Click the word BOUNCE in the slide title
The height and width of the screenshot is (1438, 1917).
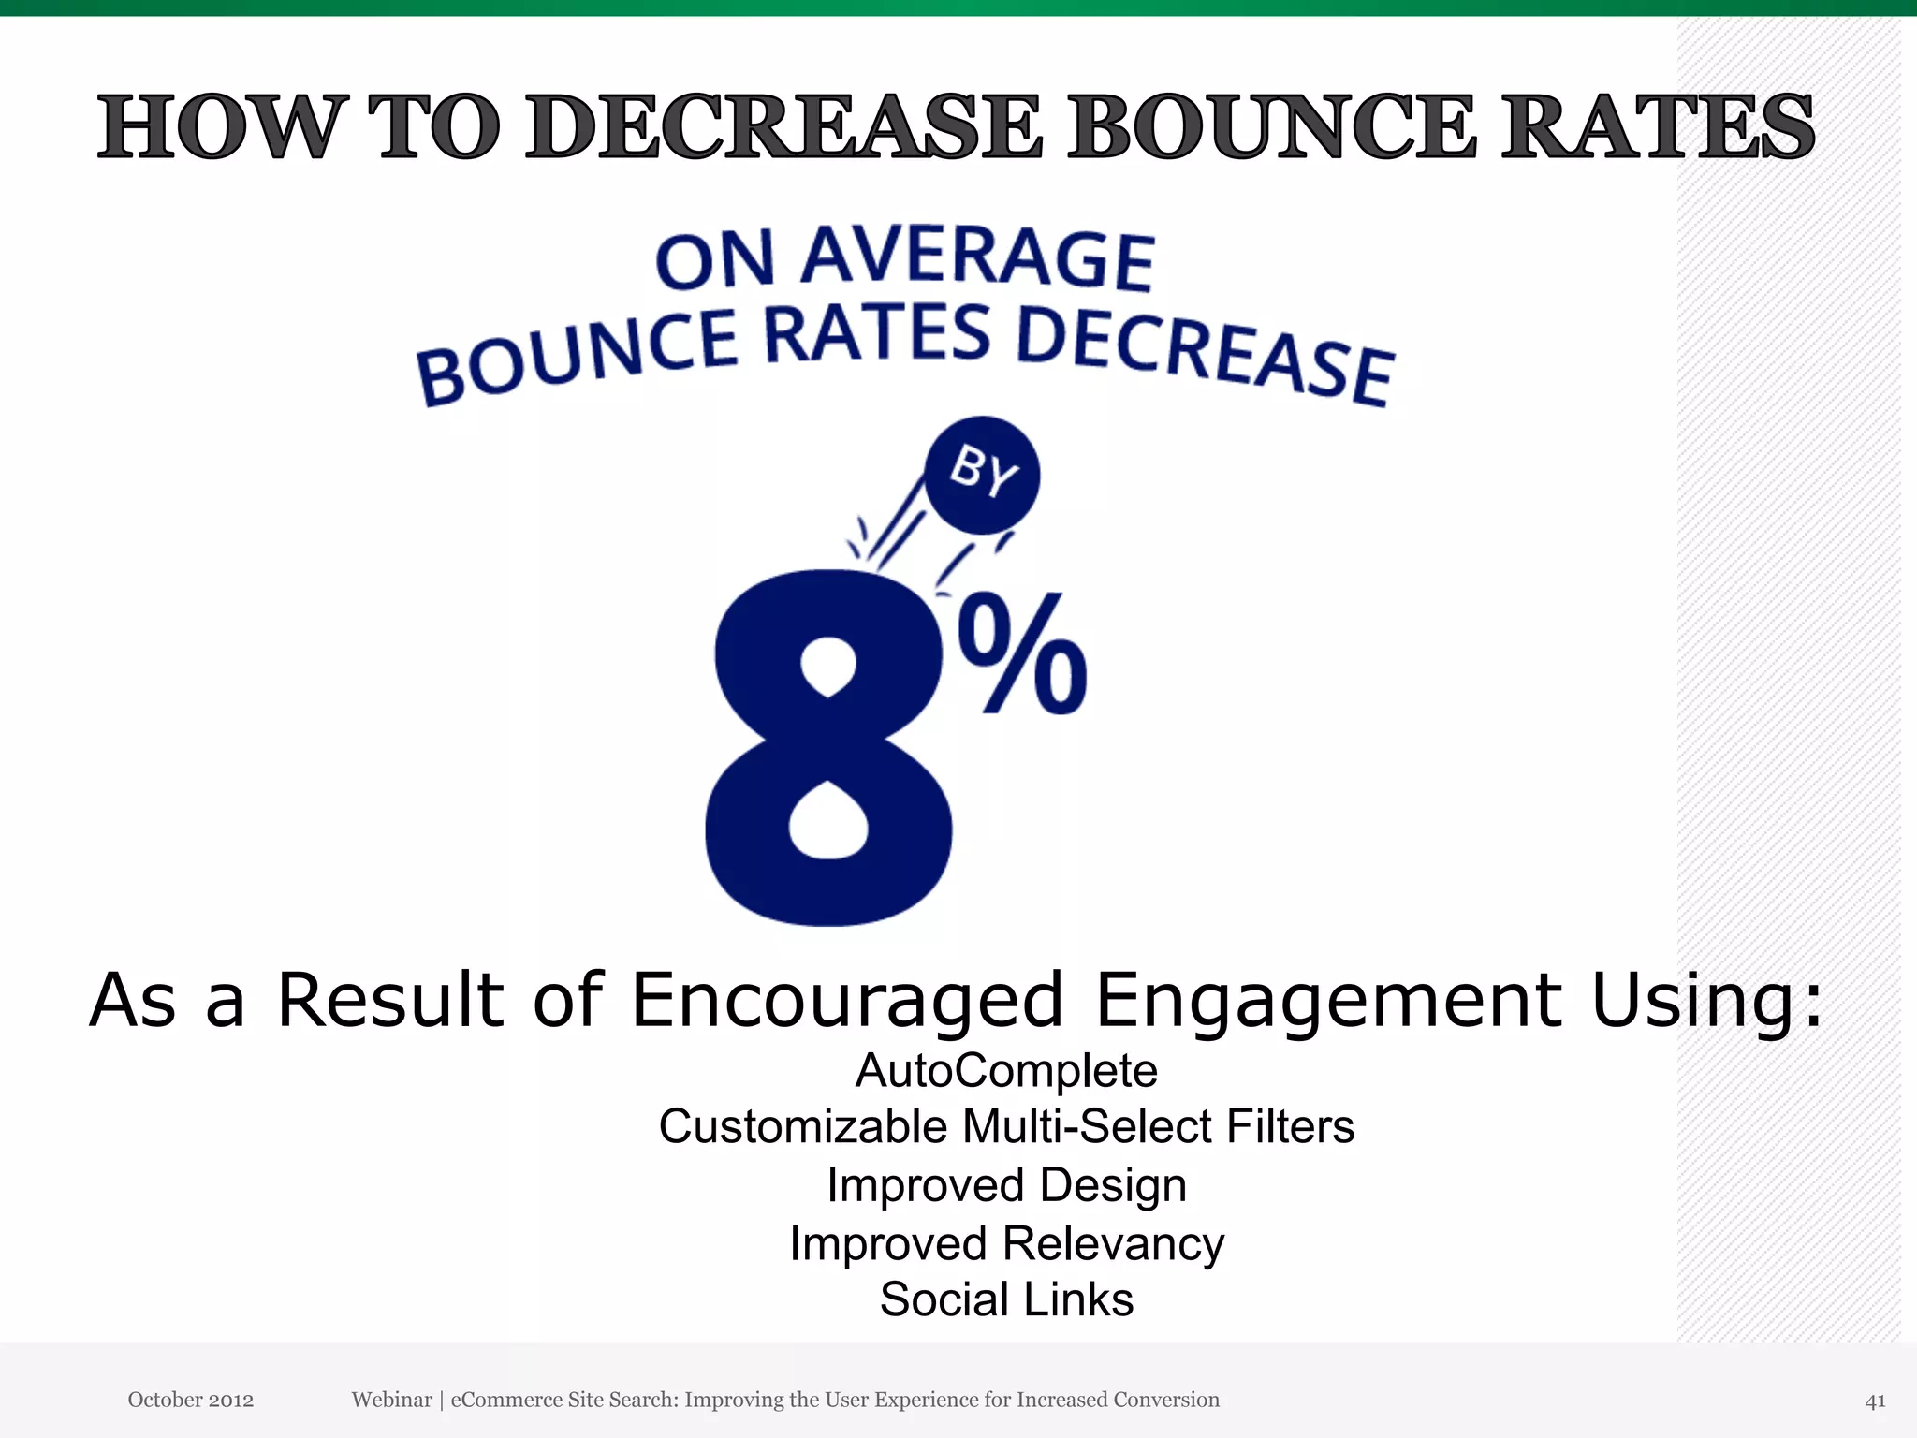pos(1273,126)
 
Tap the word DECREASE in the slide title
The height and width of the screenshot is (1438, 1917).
pos(783,126)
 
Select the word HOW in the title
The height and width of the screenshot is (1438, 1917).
pos(217,126)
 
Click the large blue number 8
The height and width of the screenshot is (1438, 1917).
pos(828,749)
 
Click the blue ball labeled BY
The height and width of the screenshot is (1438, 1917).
pos(982,475)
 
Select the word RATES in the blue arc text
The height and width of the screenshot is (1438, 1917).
pos(877,334)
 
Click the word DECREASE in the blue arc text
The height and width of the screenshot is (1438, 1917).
pos(1205,356)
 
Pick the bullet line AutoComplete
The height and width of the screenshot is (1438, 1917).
pos(1006,1070)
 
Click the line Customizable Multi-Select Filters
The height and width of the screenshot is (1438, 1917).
pos(1006,1126)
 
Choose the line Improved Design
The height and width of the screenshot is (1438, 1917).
pos(1006,1185)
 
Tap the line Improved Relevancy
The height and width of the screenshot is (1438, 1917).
pos(1006,1244)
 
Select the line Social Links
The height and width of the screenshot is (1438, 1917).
pos(1006,1299)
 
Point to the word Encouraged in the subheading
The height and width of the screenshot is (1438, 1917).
pos(847,1000)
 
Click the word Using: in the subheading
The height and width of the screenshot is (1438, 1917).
pos(1707,1000)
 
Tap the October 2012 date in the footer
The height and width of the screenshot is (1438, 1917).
pos(191,1400)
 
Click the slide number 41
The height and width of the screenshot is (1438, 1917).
pos(1875,1401)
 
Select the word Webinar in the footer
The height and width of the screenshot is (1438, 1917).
pos(391,1400)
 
